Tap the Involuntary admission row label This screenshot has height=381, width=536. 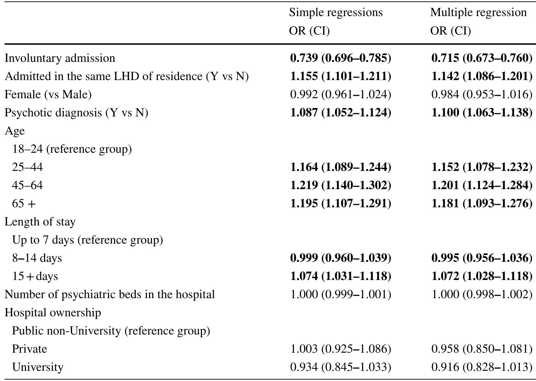pos(60,58)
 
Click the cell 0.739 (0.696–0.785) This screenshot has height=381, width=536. pos(341,58)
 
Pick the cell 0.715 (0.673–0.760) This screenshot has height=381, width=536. pos(482,58)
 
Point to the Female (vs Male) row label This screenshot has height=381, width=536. pos(48,94)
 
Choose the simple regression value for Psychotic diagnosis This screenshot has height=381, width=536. pos(341,113)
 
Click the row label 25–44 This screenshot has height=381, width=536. pos(27,167)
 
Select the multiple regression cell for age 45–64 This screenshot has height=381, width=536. pos(482,185)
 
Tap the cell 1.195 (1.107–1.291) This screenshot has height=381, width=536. pos(341,203)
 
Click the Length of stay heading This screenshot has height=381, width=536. pos(40,222)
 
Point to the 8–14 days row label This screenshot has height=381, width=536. pos(37,258)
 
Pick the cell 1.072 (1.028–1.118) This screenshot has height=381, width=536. pos(482,276)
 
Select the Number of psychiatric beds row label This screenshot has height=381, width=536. pos(110,294)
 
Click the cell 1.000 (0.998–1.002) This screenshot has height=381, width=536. pos(482,294)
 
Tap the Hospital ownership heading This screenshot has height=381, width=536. pos(53,312)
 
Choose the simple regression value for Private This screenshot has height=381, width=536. pos(341,349)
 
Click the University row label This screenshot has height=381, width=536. pos(38,367)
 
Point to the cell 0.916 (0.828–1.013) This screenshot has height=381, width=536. pos(482,367)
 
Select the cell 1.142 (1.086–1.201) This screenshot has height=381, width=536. pos(482,76)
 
